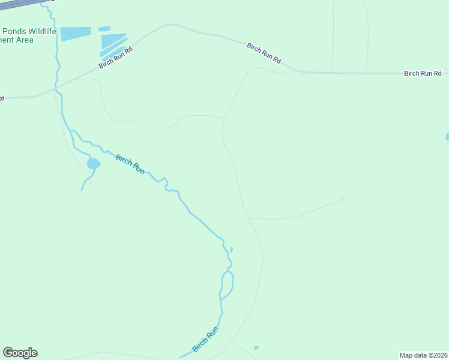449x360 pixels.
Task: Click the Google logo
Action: (20, 353)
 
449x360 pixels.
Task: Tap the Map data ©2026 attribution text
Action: (423, 355)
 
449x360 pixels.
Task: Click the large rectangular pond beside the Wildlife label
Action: (75, 34)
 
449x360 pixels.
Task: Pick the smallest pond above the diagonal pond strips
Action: (104, 28)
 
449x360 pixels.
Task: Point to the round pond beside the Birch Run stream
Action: (93, 164)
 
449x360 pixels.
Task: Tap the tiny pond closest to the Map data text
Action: (256, 347)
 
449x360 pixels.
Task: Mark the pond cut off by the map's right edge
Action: (447, 137)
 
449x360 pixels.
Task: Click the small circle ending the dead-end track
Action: (342, 199)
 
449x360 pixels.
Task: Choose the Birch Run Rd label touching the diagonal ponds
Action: (115, 58)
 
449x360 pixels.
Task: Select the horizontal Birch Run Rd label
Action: (423, 73)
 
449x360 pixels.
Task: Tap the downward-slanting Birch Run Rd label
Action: (264, 53)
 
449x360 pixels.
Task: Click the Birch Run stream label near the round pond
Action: (130, 164)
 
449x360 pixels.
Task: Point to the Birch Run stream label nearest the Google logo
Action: (205, 340)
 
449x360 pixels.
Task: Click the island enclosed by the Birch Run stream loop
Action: (227, 284)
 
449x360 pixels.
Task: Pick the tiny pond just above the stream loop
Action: (231, 249)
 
